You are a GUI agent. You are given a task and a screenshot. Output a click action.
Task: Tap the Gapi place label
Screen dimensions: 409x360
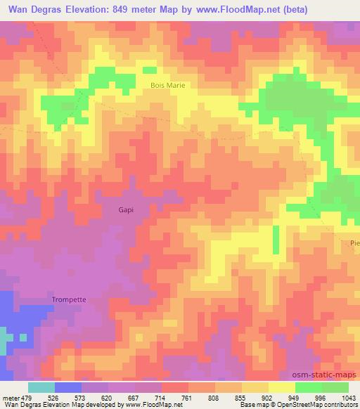(x=125, y=209)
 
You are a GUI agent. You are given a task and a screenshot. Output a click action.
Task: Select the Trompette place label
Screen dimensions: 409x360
(x=69, y=299)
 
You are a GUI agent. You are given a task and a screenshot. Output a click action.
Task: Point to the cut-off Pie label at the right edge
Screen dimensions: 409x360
(x=354, y=243)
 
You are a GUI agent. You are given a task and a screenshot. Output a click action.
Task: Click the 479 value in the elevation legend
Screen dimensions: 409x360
(x=28, y=398)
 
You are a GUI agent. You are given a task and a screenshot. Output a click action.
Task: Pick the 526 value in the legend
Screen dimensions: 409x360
(x=56, y=398)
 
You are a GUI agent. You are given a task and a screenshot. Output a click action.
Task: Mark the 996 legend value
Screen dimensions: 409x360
(x=321, y=398)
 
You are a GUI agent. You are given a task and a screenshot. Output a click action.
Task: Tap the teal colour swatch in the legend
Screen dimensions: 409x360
(x=41, y=387)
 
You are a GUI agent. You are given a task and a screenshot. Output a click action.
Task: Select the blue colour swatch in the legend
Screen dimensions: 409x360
(x=68, y=387)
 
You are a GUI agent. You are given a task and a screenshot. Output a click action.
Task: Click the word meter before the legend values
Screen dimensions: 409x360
(x=11, y=398)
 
